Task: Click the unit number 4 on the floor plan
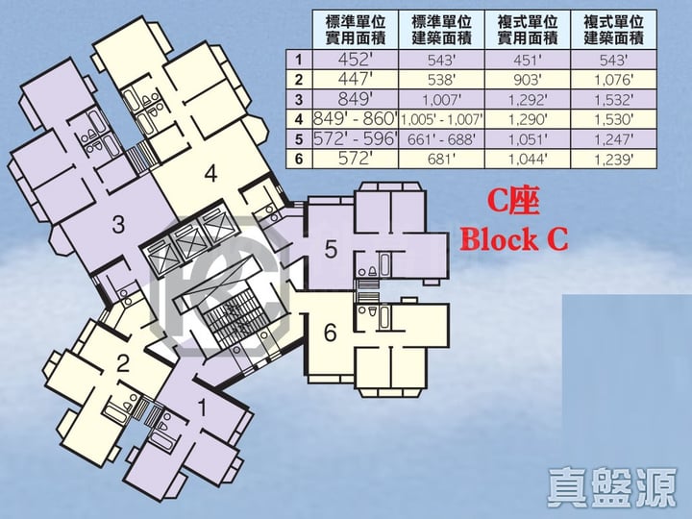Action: click(x=210, y=173)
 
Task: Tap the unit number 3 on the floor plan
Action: click(x=118, y=224)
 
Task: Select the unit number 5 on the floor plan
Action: click(x=331, y=249)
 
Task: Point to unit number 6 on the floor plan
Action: click(x=330, y=333)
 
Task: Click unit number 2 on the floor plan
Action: click(x=123, y=363)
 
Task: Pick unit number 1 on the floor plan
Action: click(x=203, y=408)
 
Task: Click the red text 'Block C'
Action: click(x=513, y=239)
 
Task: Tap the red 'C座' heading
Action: click(x=513, y=203)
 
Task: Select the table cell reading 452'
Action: click(x=356, y=60)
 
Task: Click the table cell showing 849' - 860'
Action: click(x=356, y=119)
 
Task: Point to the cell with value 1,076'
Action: click(x=613, y=80)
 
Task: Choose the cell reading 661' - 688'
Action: click(x=441, y=139)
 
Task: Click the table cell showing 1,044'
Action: click(x=528, y=159)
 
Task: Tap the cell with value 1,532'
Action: click(x=613, y=100)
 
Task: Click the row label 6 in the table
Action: click(x=299, y=159)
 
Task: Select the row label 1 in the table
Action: click(x=299, y=60)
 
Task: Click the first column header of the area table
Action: click(x=356, y=30)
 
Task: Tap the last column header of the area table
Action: click(x=613, y=30)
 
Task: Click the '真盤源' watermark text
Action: click(x=612, y=487)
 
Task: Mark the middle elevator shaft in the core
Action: click(x=190, y=241)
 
